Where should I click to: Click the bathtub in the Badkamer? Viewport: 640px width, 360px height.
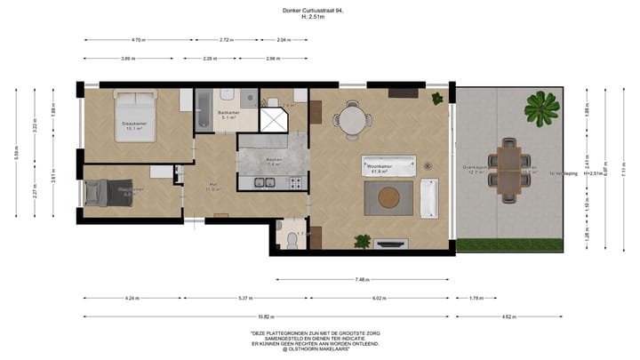203,109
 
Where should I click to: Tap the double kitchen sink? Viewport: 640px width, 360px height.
264,183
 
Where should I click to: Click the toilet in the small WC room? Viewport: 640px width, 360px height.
289,237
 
